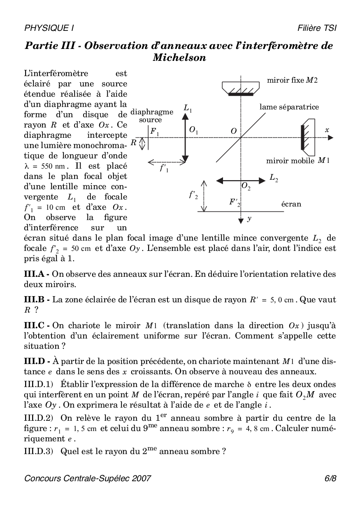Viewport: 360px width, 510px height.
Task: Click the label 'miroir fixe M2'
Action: [292, 81]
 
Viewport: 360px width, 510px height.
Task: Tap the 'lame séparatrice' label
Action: [289, 107]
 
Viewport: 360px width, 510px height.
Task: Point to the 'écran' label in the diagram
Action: [291, 204]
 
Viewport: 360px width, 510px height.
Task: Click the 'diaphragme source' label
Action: [151, 116]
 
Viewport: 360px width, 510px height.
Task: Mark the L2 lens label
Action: [274, 178]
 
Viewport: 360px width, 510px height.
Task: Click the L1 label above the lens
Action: [188, 109]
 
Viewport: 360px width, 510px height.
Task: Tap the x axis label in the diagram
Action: [327, 130]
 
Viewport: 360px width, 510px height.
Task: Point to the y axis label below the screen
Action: [249, 219]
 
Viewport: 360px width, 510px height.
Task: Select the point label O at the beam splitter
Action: [234, 131]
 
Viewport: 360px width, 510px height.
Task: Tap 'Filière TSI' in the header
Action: [317, 28]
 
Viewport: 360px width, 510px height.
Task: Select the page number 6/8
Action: [330, 478]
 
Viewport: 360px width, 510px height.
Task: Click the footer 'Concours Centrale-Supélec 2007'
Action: [88, 478]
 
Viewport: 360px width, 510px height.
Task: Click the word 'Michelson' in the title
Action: [179, 58]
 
